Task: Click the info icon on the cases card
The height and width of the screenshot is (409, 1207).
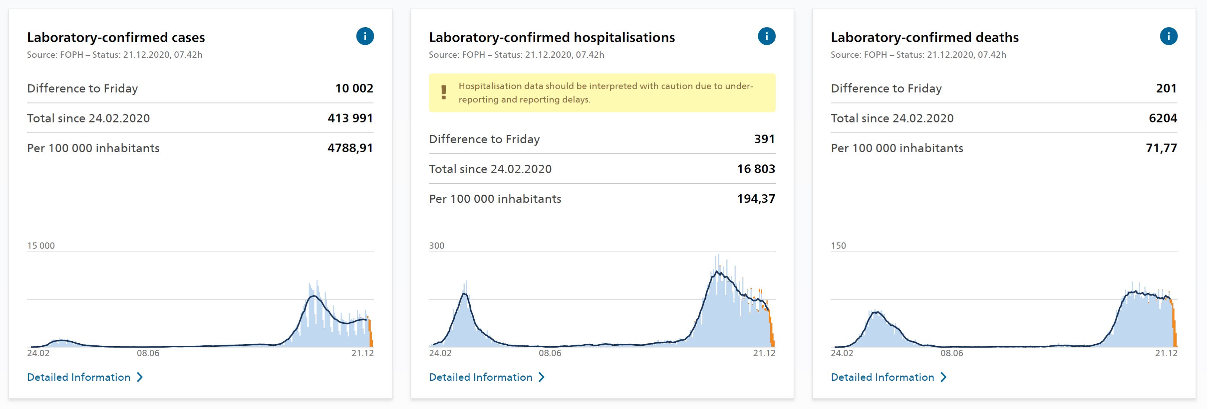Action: click(365, 36)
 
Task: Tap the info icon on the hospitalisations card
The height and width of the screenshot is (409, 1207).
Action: click(767, 36)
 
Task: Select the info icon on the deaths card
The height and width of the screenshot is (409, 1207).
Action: click(1169, 36)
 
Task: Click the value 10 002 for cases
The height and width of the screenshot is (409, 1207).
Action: click(354, 88)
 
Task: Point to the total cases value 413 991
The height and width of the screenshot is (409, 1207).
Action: click(350, 118)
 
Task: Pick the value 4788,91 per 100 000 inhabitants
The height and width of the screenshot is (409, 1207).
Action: click(350, 148)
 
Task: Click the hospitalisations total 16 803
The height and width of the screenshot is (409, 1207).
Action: click(756, 169)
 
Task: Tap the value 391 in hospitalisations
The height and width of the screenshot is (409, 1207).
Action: click(764, 139)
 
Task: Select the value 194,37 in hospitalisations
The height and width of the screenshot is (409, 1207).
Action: click(756, 199)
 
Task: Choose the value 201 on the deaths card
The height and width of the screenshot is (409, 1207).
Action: click(1166, 88)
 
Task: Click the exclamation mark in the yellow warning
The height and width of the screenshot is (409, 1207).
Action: click(443, 92)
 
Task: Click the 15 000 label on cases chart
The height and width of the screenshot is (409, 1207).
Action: click(41, 245)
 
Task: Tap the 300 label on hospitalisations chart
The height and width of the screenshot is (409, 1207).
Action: click(436, 245)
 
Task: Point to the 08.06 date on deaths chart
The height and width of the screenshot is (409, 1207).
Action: click(952, 353)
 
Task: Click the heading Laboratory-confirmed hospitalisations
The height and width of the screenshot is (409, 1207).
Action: click(552, 38)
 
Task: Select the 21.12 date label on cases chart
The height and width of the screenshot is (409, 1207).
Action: click(362, 353)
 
